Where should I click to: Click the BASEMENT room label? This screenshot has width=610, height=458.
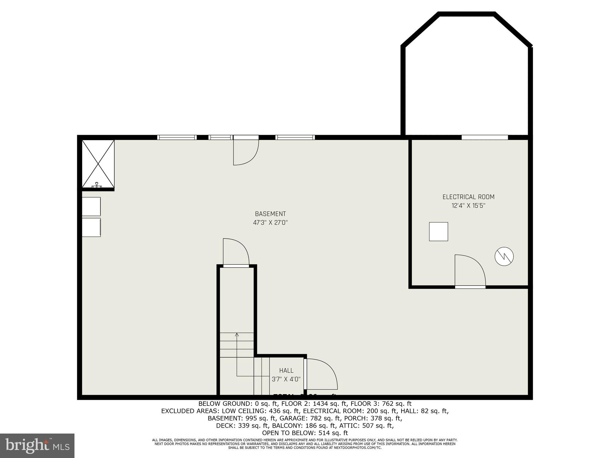[x=270, y=214]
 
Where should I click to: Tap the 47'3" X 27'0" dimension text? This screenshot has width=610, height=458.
[x=270, y=223]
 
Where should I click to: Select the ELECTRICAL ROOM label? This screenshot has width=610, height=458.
[x=468, y=197]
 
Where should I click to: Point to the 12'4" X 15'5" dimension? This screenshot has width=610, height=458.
[x=468, y=206]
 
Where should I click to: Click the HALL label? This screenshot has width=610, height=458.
[x=286, y=371]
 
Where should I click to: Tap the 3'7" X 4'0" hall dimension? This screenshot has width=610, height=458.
[x=286, y=379]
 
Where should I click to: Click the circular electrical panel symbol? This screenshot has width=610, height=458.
[x=504, y=256]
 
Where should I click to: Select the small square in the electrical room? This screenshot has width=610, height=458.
[x=438, y=231]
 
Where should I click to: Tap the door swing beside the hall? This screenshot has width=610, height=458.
[x=321, y=374]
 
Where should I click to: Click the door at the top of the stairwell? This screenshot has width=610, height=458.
[x=236, y=252]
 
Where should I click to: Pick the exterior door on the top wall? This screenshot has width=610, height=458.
[x=246, y=151]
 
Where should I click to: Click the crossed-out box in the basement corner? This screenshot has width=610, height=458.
[x=98, y=164]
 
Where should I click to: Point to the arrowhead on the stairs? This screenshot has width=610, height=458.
[x=237, y=334]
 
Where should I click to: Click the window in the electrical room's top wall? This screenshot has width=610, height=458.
[x=485, y=137]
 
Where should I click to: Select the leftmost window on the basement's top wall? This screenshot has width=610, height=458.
[x=177, y=137]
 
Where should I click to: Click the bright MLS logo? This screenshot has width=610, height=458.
[x=37, y=446]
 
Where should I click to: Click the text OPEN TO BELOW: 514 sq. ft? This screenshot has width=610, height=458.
[x=305, y=433]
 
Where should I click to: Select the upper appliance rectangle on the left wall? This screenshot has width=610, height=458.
[x=91, y=206]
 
